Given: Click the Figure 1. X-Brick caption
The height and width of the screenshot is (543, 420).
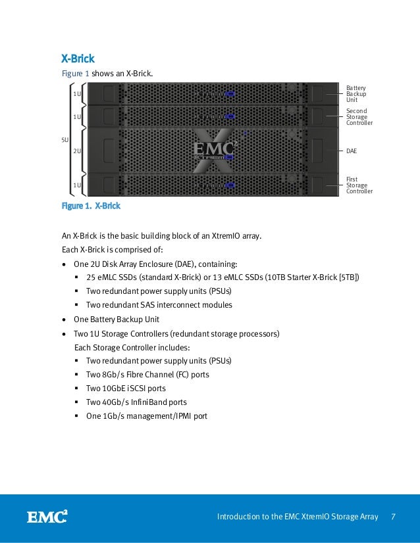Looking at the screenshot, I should [x=91, y=206].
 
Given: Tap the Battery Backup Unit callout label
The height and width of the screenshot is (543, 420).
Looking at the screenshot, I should [x=356, y=94].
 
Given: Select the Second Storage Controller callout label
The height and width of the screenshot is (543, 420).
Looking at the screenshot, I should [x=359, y=117].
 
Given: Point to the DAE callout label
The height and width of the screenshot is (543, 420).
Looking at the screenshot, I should [x=352, y=151].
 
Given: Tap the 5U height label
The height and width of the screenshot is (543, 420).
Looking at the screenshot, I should [x=65, y=139].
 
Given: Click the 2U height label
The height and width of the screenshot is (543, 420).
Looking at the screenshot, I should [x=77, y=151].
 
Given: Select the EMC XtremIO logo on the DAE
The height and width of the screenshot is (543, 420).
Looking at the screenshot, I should [x=214, y=151].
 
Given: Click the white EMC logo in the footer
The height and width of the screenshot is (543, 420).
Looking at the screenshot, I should [x=47, y=517].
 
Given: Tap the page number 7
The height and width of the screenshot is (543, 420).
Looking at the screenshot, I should [x=393, y=517].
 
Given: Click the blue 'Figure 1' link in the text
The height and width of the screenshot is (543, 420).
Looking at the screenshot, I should [x=75, y=74].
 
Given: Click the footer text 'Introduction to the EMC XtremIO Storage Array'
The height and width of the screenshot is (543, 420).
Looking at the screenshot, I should [x=298, y=517].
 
